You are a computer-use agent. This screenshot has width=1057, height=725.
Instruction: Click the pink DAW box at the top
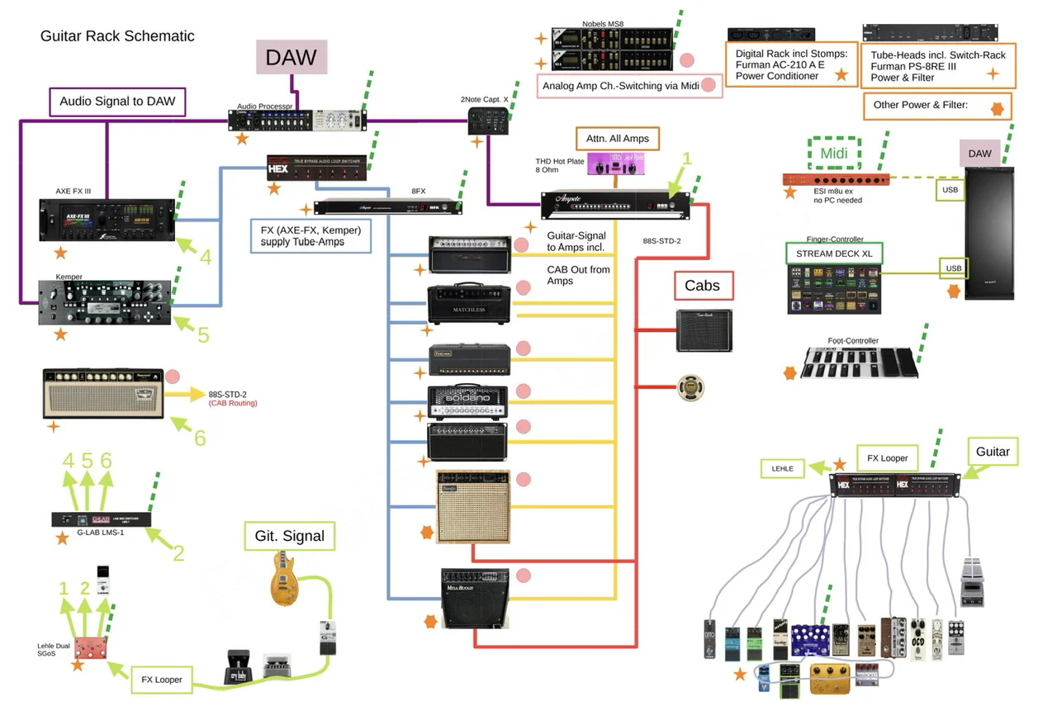pyautogui.click(x=292, y=58)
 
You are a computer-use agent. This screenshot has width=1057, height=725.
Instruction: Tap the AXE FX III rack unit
pyautogui.click(x=108, y=220)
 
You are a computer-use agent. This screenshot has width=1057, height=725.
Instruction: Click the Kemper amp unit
pyautogui.click(x=105, y=302)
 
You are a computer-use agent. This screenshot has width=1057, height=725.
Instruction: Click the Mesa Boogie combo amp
pyautogui.click(x=475, y=598)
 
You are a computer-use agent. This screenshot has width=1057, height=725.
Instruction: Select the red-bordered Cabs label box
pyautogui.click(x=702, y=286)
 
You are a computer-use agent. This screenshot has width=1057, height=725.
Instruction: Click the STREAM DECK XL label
pyautogui.click(x=835, y=253)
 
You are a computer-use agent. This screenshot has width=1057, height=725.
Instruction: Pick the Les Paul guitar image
pyautogui.click(x=284, y=578)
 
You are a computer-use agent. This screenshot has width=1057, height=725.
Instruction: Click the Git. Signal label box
pyautogui.click(x=290, y=536)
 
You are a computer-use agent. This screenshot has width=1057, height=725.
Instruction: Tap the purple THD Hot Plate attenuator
pyautogui.click(x=616, y=164)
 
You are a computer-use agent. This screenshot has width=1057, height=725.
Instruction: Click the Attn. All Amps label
pyautogui.click(x=618, y=138)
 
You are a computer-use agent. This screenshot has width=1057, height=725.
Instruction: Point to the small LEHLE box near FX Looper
pyautogui.click(x=783, y=468)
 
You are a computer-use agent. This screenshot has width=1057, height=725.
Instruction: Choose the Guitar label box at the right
pyautogui.click(x=993, y=452)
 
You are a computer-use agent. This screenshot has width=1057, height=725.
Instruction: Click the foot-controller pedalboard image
pyautogui.click(x=859, y=362)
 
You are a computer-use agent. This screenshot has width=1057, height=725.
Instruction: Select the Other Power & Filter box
pyautogui.click(x=937, y=106)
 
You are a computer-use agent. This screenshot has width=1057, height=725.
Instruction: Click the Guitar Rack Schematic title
pyautogui.click(x=117, y=36)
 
